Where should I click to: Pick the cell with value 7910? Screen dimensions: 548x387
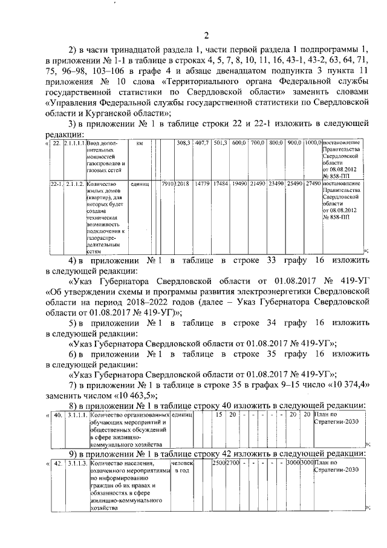point(168,183)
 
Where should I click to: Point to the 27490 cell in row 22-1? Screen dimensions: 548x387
point(313,183)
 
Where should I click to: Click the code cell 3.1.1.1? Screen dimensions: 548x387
point(77,415)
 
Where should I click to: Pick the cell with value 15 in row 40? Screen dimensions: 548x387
point(219,415)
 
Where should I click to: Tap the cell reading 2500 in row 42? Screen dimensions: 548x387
point(218,463)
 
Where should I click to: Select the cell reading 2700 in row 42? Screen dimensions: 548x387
point(233,463)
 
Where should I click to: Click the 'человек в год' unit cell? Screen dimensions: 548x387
point(181,467)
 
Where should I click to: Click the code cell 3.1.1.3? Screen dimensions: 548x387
point(77,463)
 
